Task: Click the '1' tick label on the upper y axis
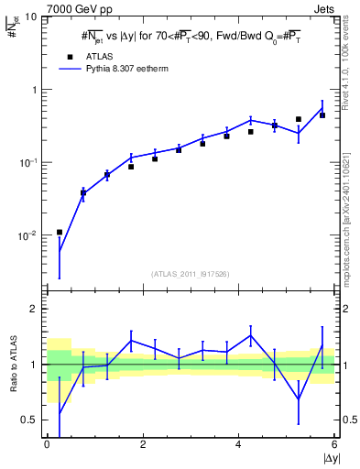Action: click(x=34, y=90)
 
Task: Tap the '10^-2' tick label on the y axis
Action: click(x=28, y=235)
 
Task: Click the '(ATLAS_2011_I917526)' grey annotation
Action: click(x=190, y=274)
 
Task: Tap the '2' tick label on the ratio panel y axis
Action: click(x=34, y=309)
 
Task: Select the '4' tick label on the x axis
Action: click(x=239, y=444)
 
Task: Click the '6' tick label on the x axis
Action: click(x=334, y=444)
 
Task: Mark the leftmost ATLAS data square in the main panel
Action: click(x=60, y=232)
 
